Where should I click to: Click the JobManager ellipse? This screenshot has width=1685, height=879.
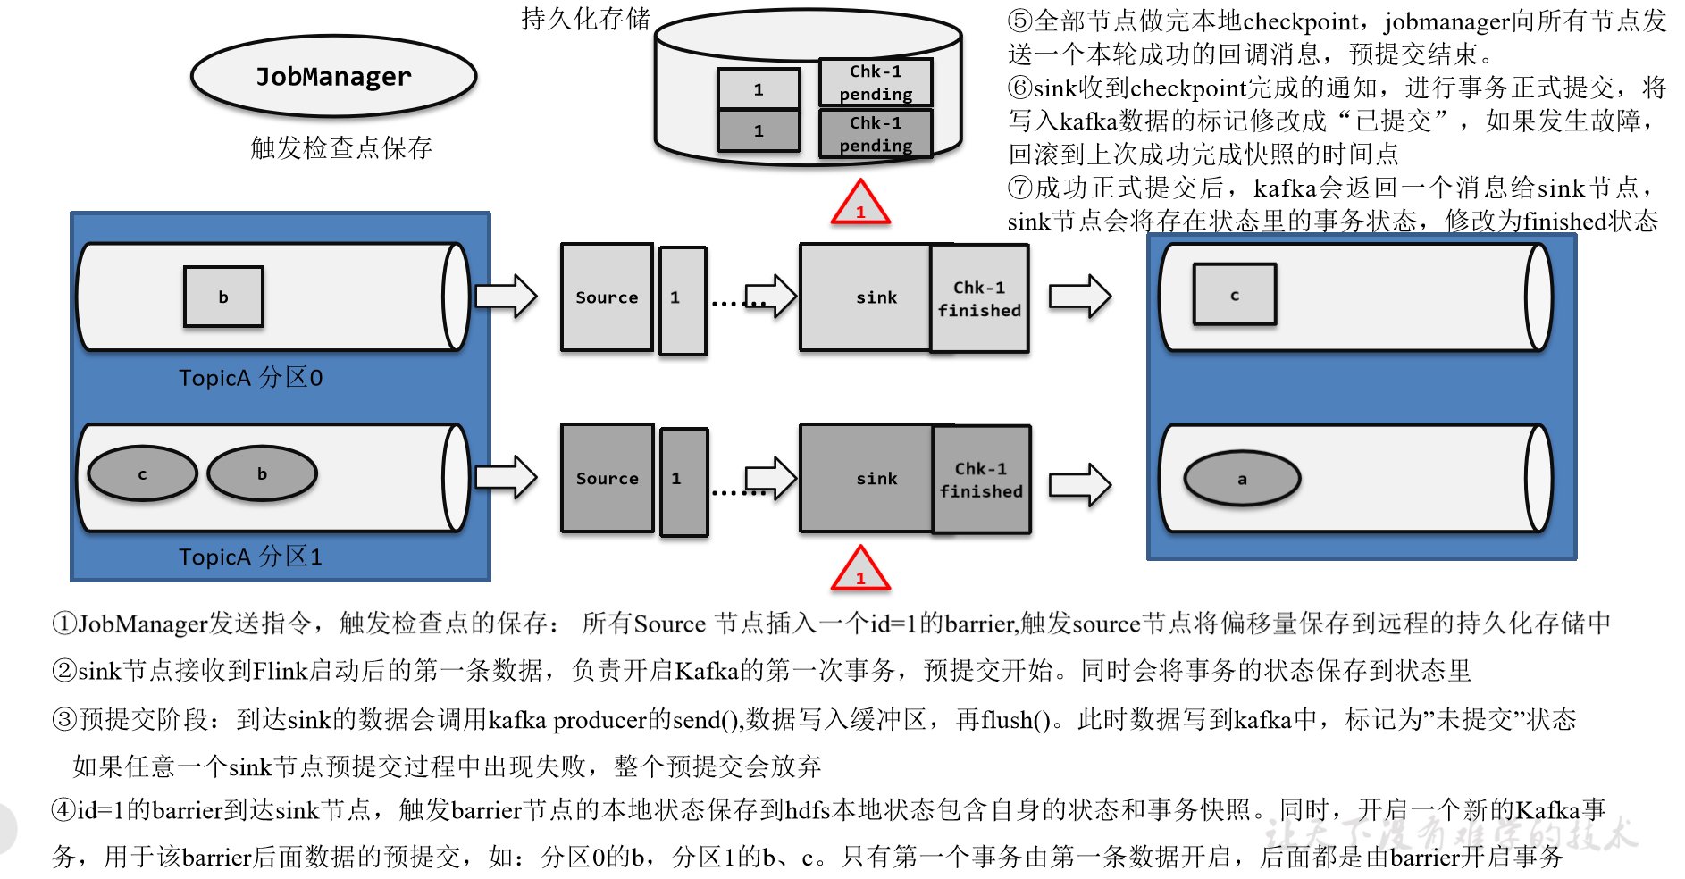click(x=333, y=77)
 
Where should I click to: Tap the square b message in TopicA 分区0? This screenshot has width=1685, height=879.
click(x=223, y=297)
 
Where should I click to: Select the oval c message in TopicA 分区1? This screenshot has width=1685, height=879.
click(x=142, y=474)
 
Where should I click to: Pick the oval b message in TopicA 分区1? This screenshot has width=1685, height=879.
click(x=262, y=473)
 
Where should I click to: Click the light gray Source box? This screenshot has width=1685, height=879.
click(x=607, y=297)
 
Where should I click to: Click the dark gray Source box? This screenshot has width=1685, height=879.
click(x=607, y=478)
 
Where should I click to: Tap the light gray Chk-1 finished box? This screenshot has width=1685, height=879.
click(x=979, y=298)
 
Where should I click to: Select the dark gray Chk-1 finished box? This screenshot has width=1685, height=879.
click(x=981, y=480)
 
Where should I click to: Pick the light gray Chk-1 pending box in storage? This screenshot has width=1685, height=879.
click(x=876, y=82)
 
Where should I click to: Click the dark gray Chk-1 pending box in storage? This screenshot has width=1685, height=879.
click(x=876, y=134)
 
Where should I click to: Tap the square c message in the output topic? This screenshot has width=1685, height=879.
click(x=1235, y=295)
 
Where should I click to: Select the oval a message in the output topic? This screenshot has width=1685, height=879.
click(x=1242, y=479)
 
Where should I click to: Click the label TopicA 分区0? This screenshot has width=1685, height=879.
click(x=250, y=378)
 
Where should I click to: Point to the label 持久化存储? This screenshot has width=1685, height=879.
click(x=586, y=19)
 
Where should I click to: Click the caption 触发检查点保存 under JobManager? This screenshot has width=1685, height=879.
click(x=341, y=147)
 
